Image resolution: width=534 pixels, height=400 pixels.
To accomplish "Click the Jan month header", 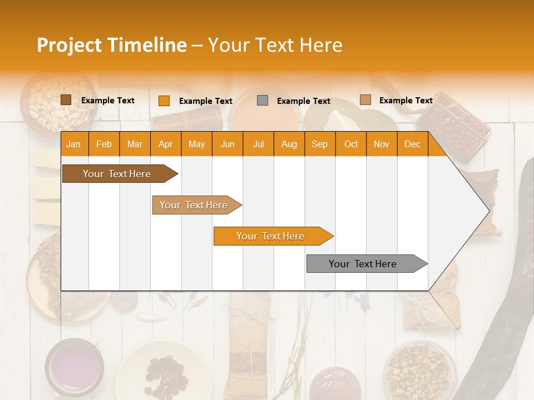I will [x=73, y=144].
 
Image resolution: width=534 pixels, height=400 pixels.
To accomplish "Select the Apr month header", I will [x=165, y=144].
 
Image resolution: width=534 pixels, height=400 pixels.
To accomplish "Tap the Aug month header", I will [x=289, y=144].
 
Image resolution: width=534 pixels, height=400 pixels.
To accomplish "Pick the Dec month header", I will [x=412, y=144].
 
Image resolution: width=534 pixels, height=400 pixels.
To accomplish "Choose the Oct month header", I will [x=350, y=144].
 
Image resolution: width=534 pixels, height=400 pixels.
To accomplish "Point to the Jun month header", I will [x=227, y=144].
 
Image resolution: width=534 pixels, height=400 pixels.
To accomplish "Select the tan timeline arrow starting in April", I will [x=195, y=205].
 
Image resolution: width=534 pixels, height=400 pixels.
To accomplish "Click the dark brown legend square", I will [x=66, y=100].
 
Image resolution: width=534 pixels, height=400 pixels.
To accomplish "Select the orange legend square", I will [x=164, y=101].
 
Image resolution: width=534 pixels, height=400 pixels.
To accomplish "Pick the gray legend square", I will [x=263, y=101].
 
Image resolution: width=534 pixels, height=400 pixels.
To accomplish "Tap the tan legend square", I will [x=365, y=100].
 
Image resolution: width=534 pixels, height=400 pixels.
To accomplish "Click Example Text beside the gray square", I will [x=303, y=101].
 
